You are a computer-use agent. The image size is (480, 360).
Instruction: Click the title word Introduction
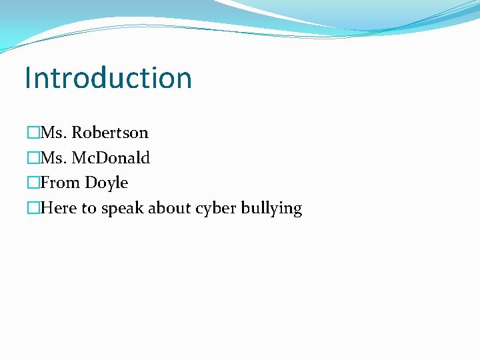click(x=108, y=78)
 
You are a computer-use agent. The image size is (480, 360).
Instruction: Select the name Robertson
click(x=110, y=133)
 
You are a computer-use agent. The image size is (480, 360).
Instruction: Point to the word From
click(x=61, y=183)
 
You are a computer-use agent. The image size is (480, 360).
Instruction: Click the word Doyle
click(x=107, y=183)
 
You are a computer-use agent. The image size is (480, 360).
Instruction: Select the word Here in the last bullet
click(x=59, y=208)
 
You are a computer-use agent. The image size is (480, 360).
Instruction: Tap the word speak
click(x=122, y=209)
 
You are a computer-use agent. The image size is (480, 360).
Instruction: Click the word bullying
click(x=273, y=209)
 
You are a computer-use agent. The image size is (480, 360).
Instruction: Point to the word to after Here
click(x=89, y=209)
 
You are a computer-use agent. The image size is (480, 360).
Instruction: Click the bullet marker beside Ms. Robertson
click(x=33, y=133)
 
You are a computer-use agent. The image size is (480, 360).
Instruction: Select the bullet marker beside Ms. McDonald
click(x=33, y=158)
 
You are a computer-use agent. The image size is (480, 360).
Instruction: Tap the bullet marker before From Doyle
click(x=33, y=183)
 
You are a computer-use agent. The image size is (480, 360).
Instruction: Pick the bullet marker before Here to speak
click(x=33, y=208)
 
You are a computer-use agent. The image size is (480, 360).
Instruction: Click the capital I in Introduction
click(x=27, y=78)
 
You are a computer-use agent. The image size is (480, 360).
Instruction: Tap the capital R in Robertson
click(x=77, y=133)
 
